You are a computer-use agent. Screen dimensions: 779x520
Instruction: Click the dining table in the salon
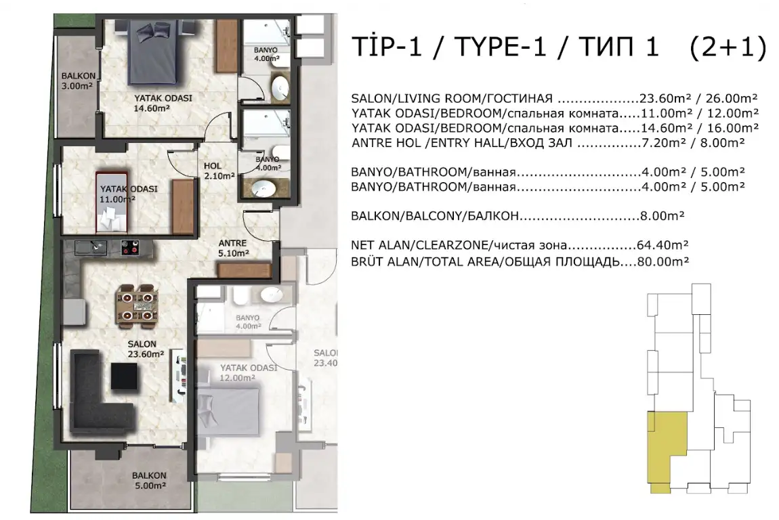(137, 305)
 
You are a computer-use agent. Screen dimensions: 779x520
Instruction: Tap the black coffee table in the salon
(124, 376)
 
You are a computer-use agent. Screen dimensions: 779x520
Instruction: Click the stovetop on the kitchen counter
(130, 247)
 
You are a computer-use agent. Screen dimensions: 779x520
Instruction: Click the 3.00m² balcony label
(78, 81)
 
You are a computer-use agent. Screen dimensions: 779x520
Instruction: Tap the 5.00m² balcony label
(149, 480)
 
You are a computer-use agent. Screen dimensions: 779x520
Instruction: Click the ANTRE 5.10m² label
(233, 248)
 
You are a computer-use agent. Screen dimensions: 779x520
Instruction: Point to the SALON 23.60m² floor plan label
(146, 349)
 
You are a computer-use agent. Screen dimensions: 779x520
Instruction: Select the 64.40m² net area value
(662, 245)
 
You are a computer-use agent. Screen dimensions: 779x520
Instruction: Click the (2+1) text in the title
(728, 47)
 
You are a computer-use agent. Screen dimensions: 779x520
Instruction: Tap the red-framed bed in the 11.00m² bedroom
(112, 202)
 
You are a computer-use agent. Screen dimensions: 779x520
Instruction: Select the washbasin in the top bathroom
(280, 89)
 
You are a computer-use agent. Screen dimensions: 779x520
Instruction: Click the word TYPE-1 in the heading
(500, 47)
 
